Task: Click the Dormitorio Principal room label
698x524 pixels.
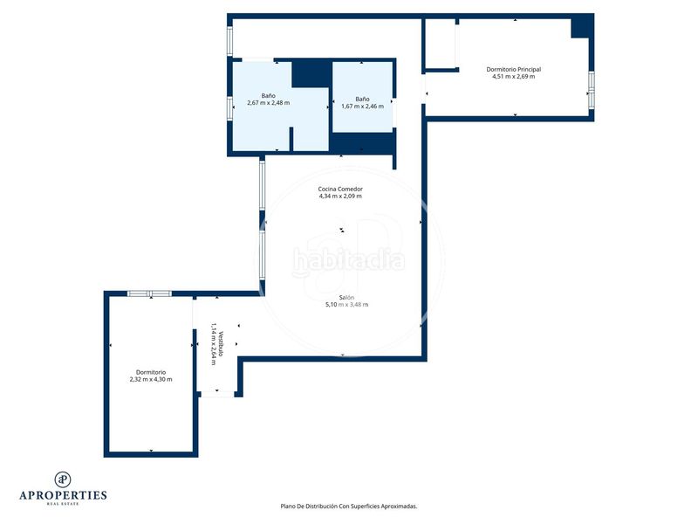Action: coord(513,70)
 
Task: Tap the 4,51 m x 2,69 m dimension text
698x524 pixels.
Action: coord(513,77)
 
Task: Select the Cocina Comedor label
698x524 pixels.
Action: coord(340,189)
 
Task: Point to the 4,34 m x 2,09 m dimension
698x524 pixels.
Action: coord(340,196)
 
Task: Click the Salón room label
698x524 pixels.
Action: coord(346,298)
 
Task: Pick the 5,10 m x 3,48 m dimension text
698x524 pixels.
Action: coord(346,305)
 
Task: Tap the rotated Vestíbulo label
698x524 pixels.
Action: coord(221,344)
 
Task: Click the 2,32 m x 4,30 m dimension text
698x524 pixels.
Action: coord(151,380)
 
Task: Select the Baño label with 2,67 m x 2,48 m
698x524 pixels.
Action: coord(269,96)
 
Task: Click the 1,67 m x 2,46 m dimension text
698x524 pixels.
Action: coord(362,107)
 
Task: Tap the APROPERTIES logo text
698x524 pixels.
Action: coord(63,495)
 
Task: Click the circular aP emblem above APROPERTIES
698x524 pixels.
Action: coord(63,479)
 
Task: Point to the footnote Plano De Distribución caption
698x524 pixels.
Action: coord(348,507)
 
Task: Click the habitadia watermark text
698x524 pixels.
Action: coord(348,259)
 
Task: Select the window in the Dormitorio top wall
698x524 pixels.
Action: coord(149,293)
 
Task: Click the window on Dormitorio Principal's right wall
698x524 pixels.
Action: coord(592,91)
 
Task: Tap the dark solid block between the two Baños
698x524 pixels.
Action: coord(311,74)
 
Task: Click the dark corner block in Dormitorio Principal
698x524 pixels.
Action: coord(582,27)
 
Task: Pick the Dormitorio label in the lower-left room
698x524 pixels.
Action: coord(151,373)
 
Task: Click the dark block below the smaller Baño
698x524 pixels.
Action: coord(362,142)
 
